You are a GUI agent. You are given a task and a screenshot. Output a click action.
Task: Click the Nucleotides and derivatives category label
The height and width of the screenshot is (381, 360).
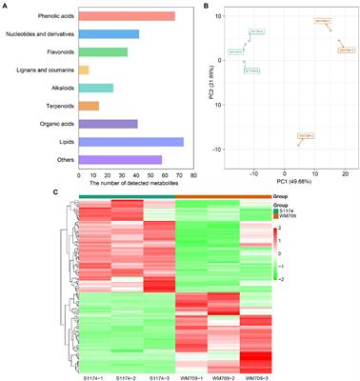pyautogui.click(x=36, y=34)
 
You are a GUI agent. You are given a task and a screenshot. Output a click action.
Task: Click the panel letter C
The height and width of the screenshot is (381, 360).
pyautogui.click(x=6, y=191)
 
